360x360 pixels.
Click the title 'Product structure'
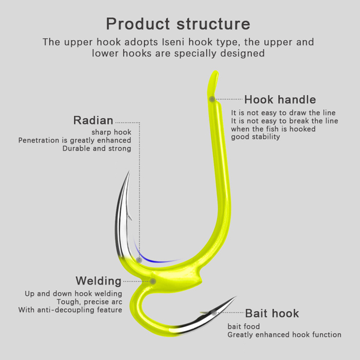tap(178, 24)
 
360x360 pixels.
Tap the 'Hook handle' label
tap(280, 100)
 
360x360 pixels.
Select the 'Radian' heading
tap(93, 120)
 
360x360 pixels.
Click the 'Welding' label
tap(98, 281)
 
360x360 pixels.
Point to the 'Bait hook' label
tap(272, 313)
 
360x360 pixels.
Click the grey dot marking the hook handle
tap(212, 99)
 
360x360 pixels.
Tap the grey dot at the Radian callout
tap(139, 259)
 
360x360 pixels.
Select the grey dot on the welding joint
tap(153, 281)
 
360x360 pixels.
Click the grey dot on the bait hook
tap(214, 313)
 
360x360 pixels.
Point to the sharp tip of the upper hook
tap(128, 172)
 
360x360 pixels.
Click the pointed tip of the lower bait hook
tap(235, 297)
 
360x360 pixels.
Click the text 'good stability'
tap(255, 137)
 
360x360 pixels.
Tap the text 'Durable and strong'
tap(97, 148)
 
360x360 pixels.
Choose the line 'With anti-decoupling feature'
tap(70, 310)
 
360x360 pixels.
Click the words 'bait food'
tap(244, 327)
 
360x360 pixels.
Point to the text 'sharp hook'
tap(111, 132)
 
